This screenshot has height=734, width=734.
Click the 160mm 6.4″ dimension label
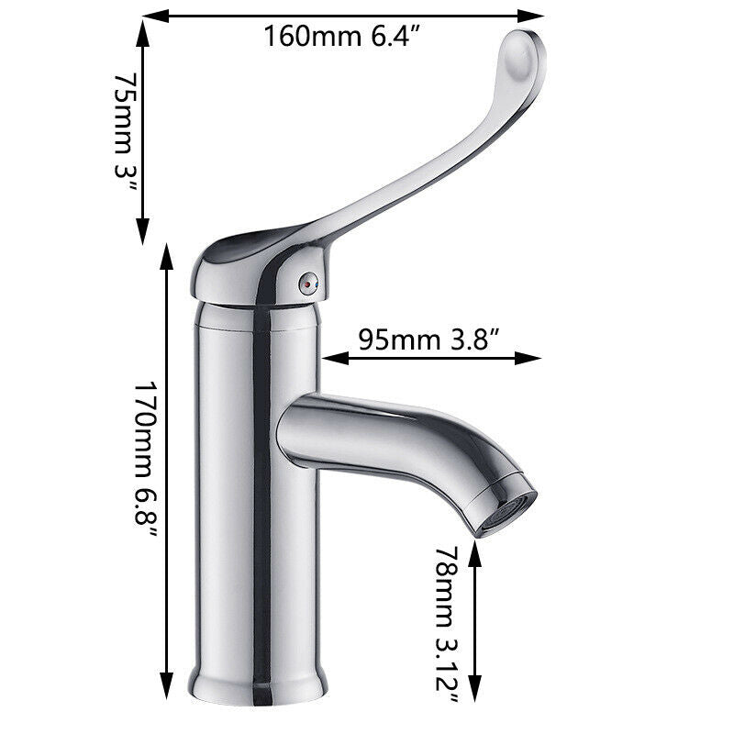pos(342,38)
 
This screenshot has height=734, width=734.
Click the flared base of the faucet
pos(258,680)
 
